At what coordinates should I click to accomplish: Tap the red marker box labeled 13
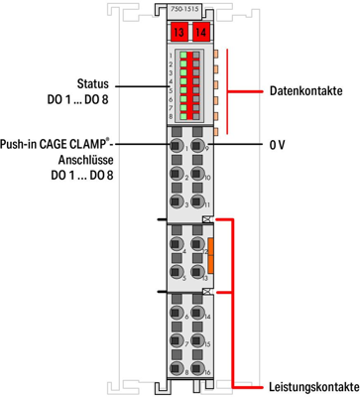click(179, 33)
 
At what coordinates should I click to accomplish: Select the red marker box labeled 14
click(202, 33)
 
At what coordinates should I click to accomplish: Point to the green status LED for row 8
click(183, 115)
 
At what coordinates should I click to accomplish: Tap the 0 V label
click(279, 145)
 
